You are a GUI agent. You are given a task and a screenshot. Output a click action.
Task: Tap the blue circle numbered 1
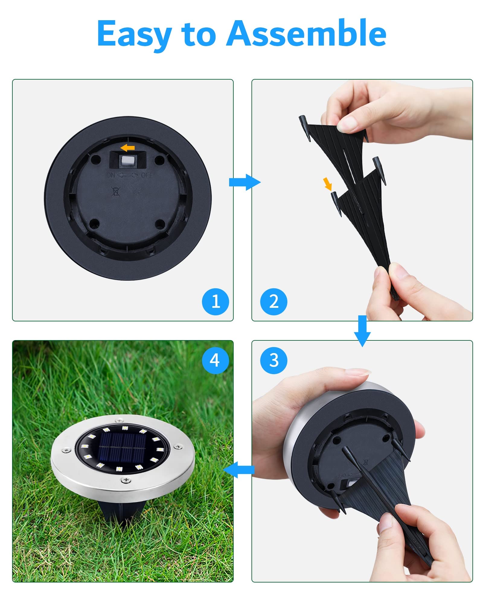[215, 301]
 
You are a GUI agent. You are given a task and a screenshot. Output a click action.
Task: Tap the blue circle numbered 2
[273, 301]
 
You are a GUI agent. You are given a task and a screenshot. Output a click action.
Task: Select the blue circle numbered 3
[273, 360]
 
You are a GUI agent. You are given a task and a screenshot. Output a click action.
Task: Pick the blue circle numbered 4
[215, 360]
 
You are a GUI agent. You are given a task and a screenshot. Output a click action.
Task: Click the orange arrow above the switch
[127, 148]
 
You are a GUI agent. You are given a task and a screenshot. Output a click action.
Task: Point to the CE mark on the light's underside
[137, 192]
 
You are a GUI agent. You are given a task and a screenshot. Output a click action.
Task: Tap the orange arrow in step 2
[328, 184]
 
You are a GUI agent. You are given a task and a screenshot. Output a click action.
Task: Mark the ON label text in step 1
[111, 175]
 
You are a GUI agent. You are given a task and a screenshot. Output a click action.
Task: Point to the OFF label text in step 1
[147, 175]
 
